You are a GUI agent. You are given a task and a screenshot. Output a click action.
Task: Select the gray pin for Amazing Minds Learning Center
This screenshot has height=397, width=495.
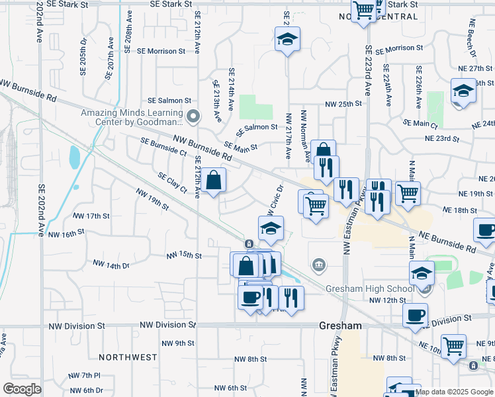[193, 117]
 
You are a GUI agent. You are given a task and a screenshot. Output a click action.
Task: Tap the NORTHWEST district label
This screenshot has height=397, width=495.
[128, 357]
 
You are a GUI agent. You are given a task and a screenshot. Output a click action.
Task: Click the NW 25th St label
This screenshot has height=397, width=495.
[343, 105]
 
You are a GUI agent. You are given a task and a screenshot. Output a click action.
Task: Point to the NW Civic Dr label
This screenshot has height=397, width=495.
[275, 200]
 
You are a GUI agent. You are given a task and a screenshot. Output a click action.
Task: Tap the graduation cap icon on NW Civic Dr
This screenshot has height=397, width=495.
[271, 228]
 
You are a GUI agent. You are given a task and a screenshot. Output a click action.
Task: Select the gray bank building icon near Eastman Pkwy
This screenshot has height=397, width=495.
[318, 265]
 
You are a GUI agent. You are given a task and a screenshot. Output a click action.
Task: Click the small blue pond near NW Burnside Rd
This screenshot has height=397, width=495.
[75, 157]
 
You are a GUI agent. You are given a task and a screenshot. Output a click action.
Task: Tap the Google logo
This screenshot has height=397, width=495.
[22, 389]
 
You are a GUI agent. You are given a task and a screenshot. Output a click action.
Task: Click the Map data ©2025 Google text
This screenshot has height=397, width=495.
[454, 392]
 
